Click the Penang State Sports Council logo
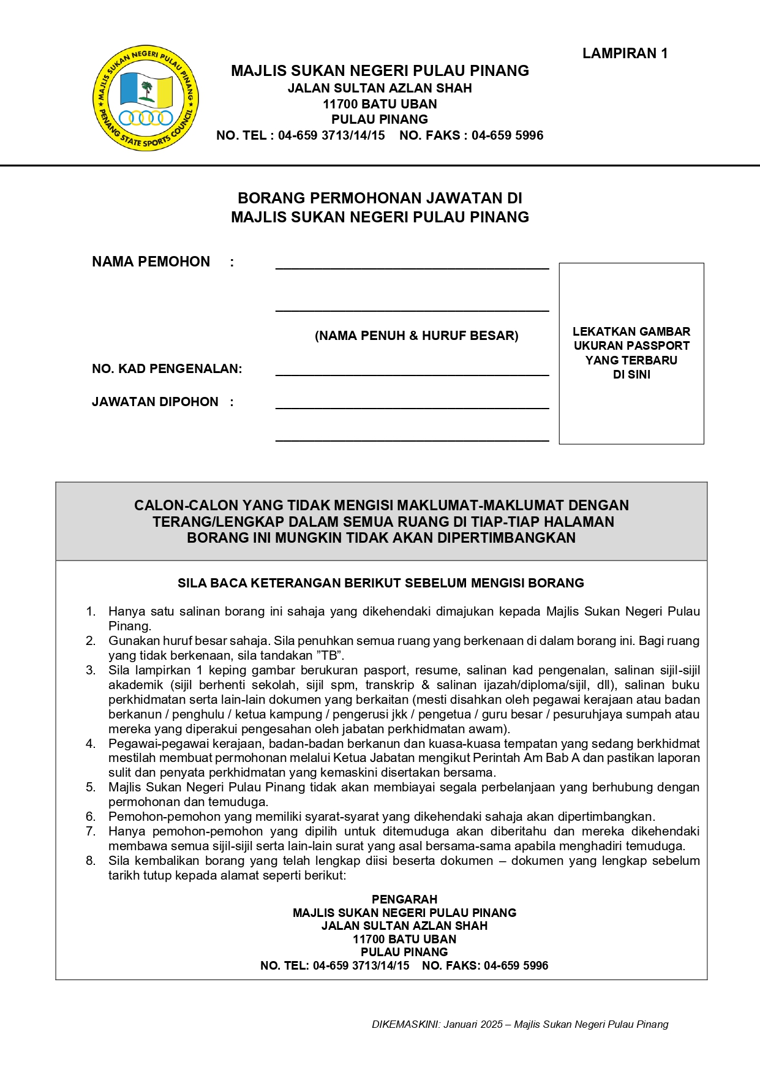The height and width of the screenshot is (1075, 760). point(146,98)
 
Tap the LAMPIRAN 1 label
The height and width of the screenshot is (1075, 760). point(625,54)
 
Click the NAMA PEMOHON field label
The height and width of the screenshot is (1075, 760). point(151,262)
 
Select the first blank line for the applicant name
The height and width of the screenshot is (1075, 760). point(412,267)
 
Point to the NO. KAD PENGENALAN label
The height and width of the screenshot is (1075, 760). point(167,369)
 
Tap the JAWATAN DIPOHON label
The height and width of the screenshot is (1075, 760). point(155,402)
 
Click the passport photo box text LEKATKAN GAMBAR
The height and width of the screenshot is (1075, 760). point(631,331)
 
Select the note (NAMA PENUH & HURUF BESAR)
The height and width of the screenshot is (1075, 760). point(416,336)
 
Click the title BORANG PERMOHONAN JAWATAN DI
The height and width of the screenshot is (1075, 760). point(380,198)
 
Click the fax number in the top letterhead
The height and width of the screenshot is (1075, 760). point(507,135)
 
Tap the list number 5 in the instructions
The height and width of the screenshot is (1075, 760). point(91,787)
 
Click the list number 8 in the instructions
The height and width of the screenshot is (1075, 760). point(91,861)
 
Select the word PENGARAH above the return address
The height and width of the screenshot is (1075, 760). point(404,899)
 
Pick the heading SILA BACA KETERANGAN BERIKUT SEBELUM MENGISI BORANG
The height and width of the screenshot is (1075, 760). point(380,583)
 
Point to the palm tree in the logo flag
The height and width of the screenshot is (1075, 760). point(146,91)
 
